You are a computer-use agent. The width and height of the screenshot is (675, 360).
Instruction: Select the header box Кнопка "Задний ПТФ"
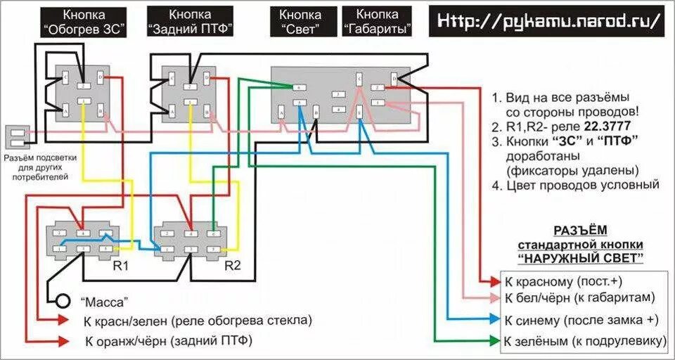point(190,21)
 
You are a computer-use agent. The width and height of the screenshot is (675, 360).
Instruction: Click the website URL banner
point(549,21)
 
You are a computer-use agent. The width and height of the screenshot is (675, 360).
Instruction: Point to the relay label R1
point(120,267)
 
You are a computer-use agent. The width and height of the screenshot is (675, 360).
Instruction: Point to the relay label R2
point(233,267)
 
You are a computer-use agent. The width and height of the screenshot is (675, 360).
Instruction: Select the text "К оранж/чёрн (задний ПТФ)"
point(168,342)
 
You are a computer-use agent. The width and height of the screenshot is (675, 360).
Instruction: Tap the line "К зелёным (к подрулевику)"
point(584,342)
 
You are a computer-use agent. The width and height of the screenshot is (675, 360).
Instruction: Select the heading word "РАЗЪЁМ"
point(580,230)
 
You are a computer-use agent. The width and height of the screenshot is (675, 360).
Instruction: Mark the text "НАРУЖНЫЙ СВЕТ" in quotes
point(580,258)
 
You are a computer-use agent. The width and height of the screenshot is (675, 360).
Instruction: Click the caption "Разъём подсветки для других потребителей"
point(36,167)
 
